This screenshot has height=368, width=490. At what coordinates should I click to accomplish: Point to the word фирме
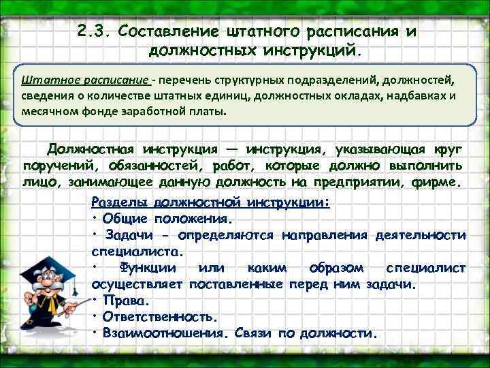tap(438, 183)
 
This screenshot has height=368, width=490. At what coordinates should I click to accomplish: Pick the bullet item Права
tap(125, 301)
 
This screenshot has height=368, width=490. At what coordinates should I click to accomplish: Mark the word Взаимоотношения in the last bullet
tap(163, 333)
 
